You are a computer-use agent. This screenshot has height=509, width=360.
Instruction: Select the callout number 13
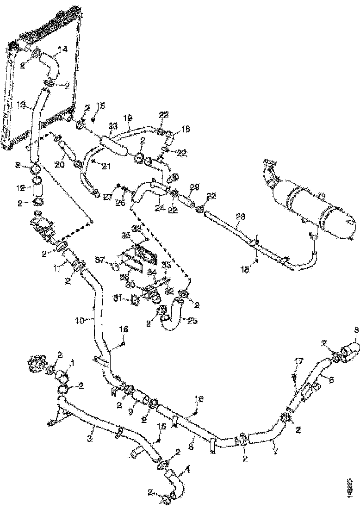coord(20,106)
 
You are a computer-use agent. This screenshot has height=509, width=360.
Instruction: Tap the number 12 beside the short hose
coord(20,188)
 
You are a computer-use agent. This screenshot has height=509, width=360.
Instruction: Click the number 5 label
coord(356,330)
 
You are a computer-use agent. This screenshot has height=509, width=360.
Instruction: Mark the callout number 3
coord(92,437)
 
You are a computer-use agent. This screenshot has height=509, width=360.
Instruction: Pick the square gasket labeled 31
coord(135,300)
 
